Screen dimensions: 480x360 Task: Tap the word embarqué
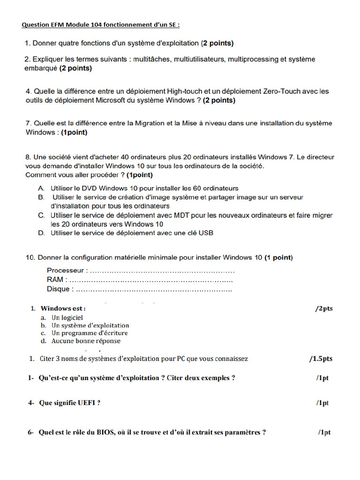point(41,68)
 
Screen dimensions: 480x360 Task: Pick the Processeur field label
point(67,270)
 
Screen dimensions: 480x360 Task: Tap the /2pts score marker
point(324,308)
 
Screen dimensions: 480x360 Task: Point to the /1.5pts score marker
point(321,359)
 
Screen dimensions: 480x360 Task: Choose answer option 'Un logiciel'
point(67,317)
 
